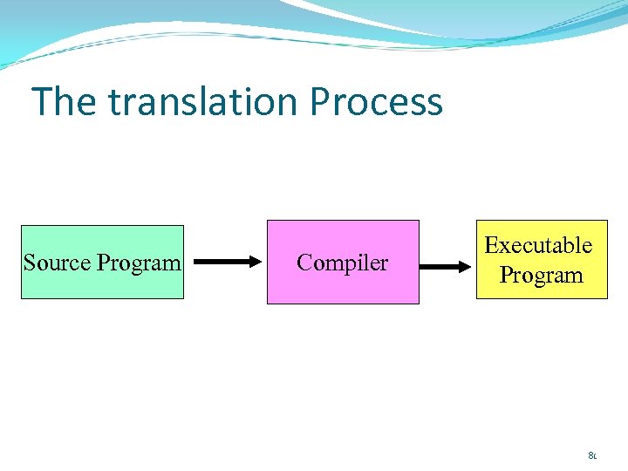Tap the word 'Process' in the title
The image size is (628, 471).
(376, 102)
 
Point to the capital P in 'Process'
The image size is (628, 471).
(320, 102)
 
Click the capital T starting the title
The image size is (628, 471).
(42, 102)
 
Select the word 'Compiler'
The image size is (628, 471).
(342, 263)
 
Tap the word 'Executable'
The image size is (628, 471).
(538, 246)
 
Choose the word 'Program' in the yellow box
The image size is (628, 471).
(541, 276)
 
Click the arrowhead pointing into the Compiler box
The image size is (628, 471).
(254, 262)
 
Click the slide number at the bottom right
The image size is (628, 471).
(592, 454)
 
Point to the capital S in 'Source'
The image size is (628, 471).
(29, 263)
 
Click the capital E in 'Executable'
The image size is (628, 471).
(491, 246)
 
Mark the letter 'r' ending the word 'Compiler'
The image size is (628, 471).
(384, 263)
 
